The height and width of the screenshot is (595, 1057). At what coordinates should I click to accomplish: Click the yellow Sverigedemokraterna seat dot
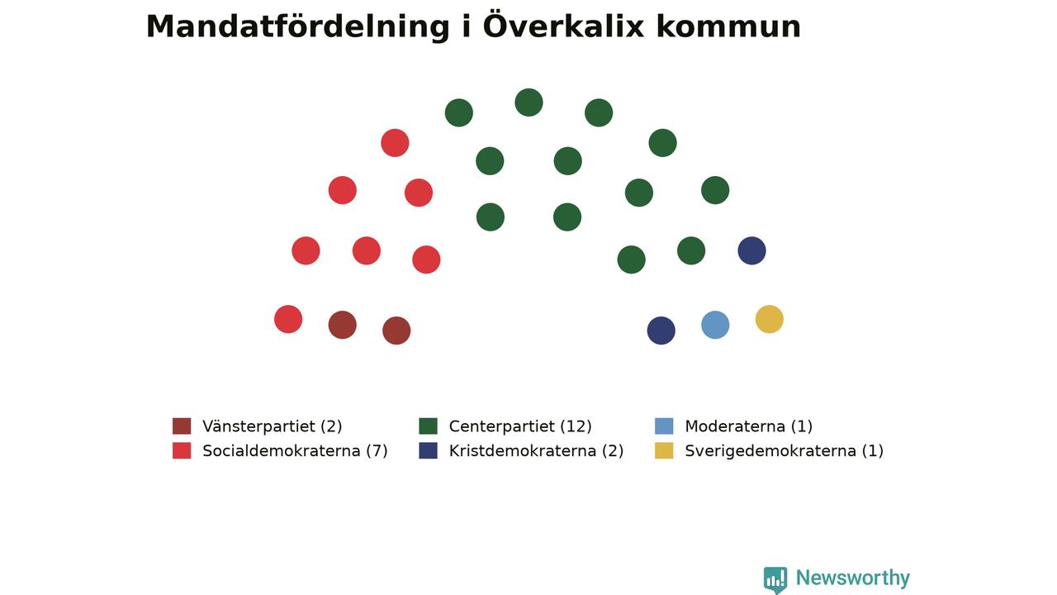click(769, 319)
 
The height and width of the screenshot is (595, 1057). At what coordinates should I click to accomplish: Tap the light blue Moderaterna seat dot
click(715, 325)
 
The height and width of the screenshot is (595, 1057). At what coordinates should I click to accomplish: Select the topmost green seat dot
click(528, 102)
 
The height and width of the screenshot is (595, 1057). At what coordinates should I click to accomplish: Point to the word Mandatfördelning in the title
click(297, 26)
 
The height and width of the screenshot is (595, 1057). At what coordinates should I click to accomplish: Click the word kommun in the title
click(728, 27)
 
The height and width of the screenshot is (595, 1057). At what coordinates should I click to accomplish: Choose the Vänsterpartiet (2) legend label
click(273, 426)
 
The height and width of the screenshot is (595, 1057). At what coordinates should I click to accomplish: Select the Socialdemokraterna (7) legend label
click(295, 451)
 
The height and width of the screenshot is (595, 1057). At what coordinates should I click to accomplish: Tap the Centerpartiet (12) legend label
click(520, 426)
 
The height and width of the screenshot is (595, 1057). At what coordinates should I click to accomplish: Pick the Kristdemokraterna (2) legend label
click(536, 451)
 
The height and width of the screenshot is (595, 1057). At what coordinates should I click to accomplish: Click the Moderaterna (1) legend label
click(748, 426)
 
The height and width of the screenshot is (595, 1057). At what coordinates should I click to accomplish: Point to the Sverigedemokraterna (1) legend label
click(784, 451)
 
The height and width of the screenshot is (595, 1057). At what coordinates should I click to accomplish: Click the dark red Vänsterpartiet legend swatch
click(182, 426)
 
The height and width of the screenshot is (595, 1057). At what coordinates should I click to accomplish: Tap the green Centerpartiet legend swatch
click(428, 426)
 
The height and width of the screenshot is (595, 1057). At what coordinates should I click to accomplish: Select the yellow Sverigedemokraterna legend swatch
click(664, 450)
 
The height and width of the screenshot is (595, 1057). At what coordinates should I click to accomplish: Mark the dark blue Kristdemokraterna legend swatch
click(428, 450)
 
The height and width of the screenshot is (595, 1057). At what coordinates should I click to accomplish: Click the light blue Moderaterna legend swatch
click(664, 426)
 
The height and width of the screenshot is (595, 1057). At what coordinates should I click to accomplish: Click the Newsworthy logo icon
click(775, 580)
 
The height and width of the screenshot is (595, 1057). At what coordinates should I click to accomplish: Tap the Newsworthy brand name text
click(853, 578)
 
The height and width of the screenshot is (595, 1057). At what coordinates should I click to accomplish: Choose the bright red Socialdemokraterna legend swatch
click(182, 450)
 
